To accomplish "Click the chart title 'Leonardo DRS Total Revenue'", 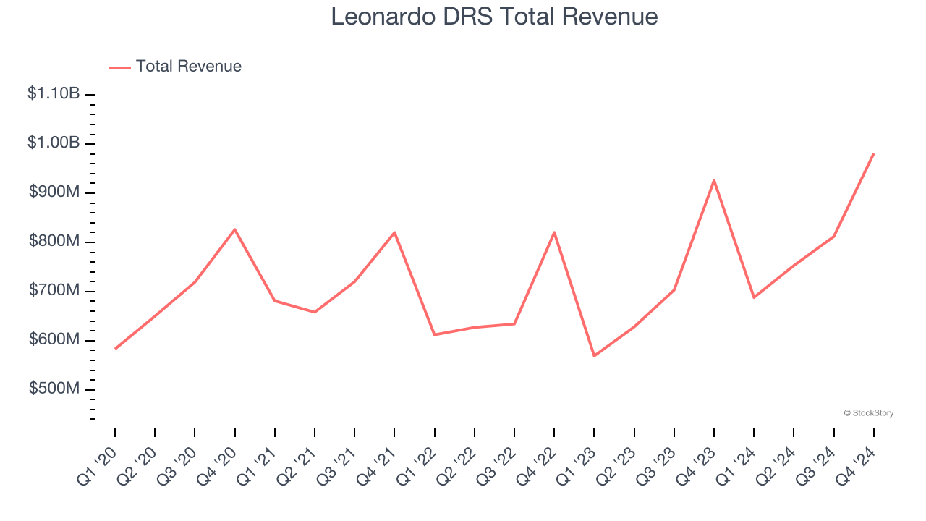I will click(494, 17).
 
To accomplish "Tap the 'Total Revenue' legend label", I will click(188, 67).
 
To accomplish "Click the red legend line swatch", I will click(119, 67).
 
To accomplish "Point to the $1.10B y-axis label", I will click(54, 93).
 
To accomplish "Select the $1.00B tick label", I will click(54, 143).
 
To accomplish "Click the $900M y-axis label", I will click(54, 192).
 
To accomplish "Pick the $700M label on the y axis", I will click(54, 290).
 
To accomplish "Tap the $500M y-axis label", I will click(54, 389).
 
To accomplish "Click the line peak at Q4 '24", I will click(873, 154).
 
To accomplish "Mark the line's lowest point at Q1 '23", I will click(594, 355).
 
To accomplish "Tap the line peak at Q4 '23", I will click(714, 180).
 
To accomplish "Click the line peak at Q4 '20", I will click(234, 229).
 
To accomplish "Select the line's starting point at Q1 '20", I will click(115, 349).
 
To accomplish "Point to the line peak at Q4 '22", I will click(554, 232).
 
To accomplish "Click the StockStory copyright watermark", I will click(868, 413).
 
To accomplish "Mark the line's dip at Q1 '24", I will click(754, 297).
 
